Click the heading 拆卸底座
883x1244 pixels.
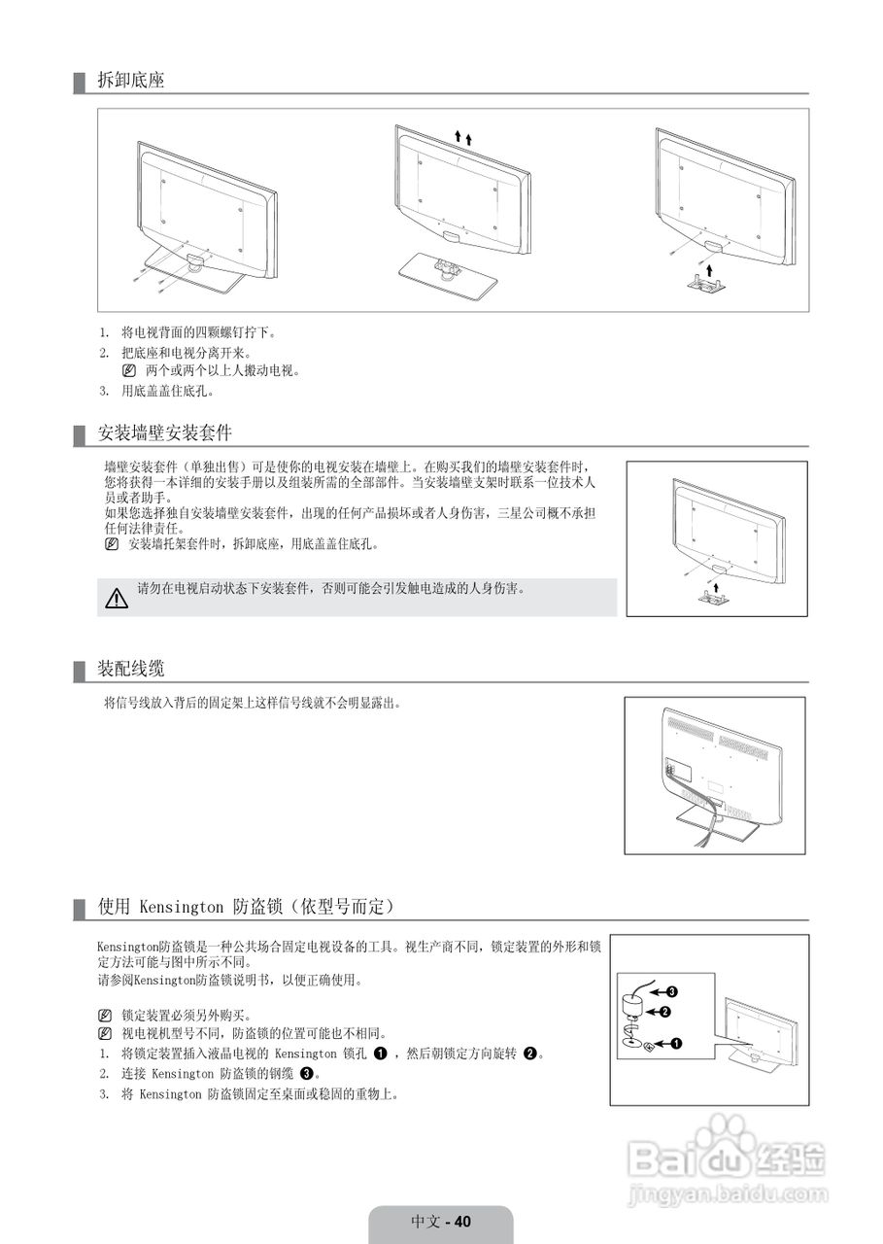(131, 81)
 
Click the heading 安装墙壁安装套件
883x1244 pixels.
(164, 432)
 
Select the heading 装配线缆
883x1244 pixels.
(131, 669)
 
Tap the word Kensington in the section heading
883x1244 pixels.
(182, 907)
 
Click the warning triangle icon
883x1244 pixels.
(117, 598)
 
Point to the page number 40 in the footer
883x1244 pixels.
(461, 1222)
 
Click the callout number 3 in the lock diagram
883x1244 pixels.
(671, 992)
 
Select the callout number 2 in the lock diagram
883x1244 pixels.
(665, 1012)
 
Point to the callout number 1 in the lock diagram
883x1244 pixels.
(676, 1044)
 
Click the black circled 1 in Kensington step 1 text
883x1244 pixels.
(381, 1054)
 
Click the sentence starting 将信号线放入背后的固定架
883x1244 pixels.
(252, 702)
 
